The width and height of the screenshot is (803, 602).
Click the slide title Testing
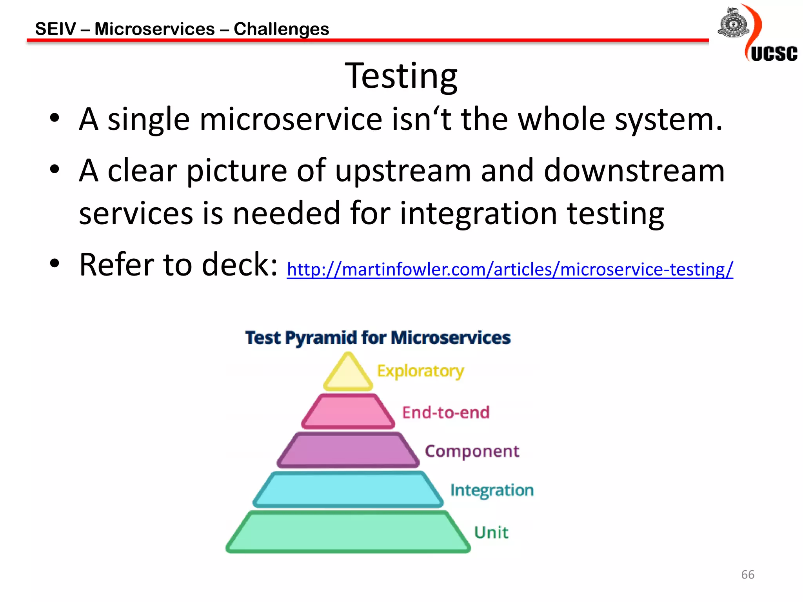[401, 76]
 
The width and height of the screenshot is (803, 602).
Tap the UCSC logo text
[774, 54]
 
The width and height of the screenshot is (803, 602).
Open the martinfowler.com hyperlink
[510, 270]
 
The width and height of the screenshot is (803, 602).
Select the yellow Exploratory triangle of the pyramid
[348, 374]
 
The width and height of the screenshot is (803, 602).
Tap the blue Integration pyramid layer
[348, 490]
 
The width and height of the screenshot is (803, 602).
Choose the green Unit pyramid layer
[348, 532]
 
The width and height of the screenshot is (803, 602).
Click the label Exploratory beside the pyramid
[420, 371]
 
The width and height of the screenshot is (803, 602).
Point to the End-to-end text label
[446, 412]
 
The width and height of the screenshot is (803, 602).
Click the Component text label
[472, 451]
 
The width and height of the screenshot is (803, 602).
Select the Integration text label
[492, 490]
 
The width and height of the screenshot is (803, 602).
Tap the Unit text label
[491, 533]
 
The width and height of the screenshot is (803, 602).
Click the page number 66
[747, 575]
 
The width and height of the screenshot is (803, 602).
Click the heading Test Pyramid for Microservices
[378, 337]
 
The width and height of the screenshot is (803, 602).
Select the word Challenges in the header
[281, 29]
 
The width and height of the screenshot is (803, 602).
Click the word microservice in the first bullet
[291, 119]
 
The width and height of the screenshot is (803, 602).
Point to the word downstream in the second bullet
[634, 171]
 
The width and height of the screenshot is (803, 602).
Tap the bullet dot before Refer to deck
[55, 264]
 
